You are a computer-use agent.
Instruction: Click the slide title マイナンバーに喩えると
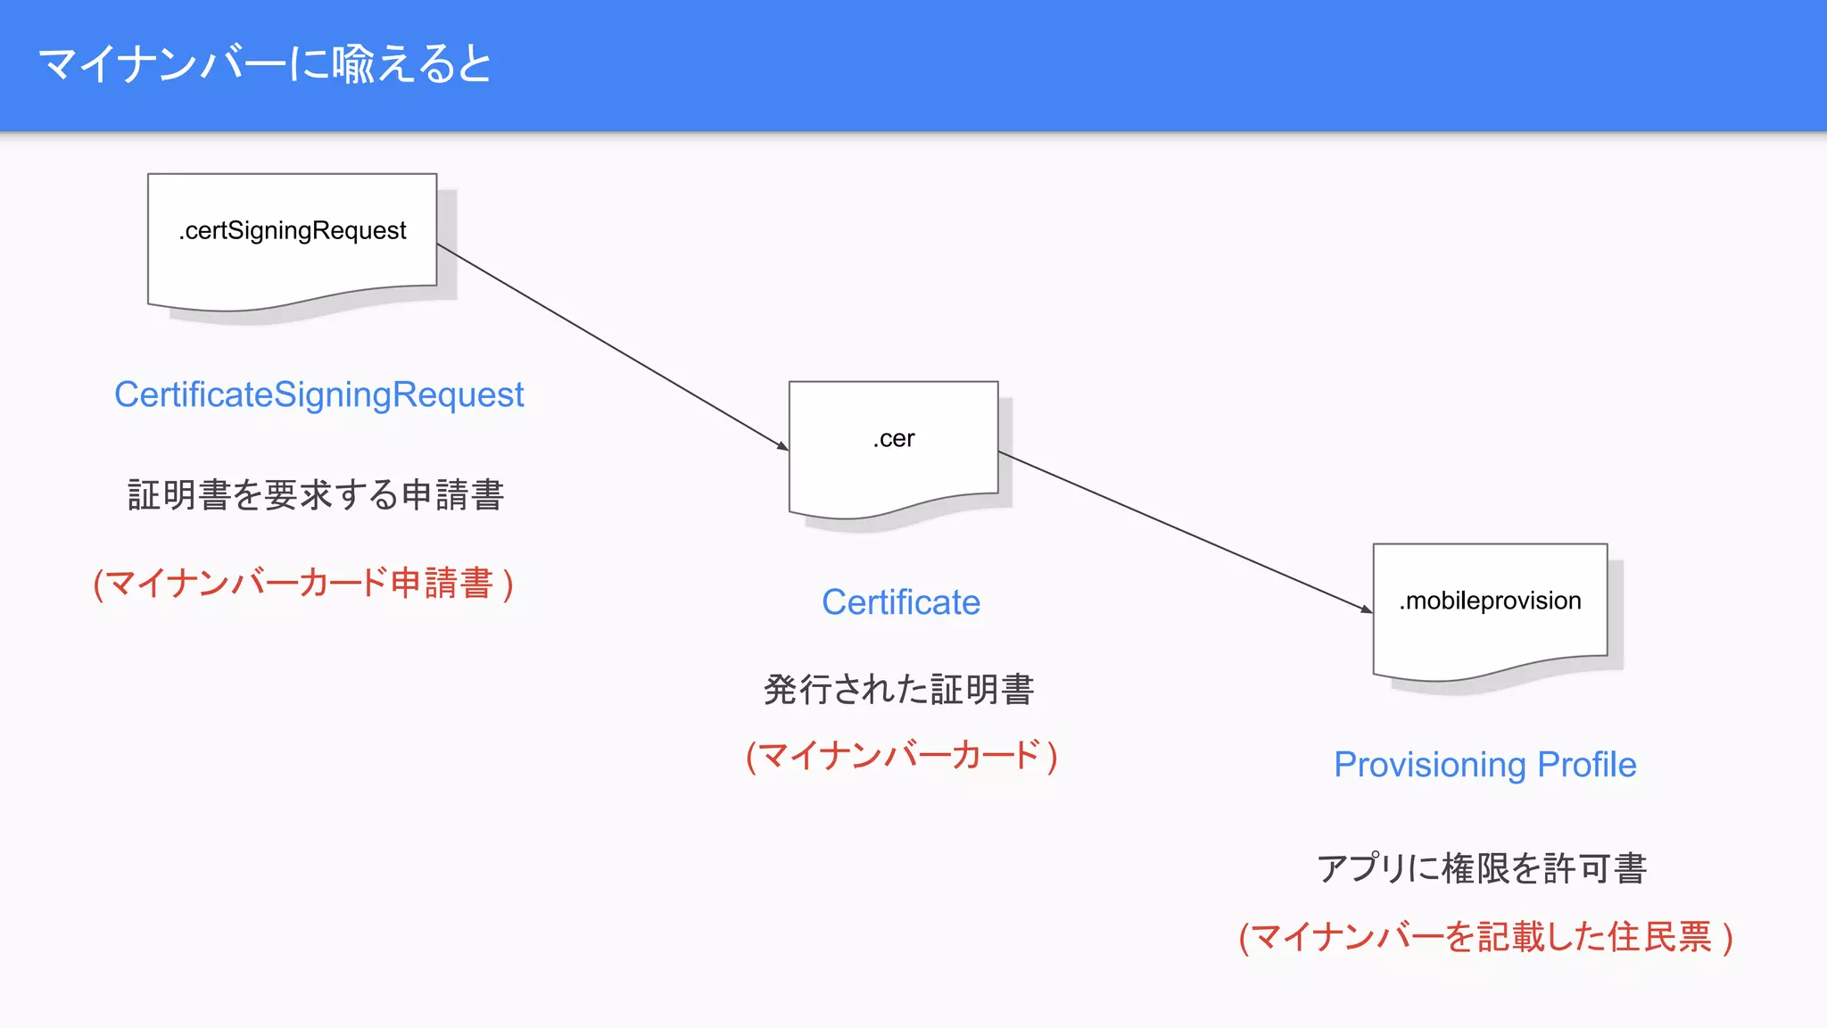click(x=265, y=64)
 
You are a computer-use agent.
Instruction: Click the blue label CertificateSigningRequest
click(x=318, y=394)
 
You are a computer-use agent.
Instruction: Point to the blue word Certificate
click(x=900, y=602)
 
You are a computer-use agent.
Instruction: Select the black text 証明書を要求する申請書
click(x=316, y=495)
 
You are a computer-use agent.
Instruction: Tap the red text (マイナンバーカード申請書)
click(x=303, y=584)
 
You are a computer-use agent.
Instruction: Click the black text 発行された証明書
click(x=898, y=690)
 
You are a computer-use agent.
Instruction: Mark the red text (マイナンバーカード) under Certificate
click(x=901, y=756)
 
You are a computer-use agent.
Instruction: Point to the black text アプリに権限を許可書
click(x=1481, y=868)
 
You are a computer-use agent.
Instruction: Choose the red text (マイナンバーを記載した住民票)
click(x=1485, y=938)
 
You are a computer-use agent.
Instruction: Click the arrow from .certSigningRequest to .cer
click(x=611, y=346)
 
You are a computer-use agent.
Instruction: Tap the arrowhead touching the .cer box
click(x=783, y=446)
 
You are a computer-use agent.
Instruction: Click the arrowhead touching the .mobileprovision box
click(x=1367, y=609)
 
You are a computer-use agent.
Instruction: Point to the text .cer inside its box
click(x=893, y=439)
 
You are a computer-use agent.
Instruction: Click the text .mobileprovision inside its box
click(x=1490, y=601)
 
